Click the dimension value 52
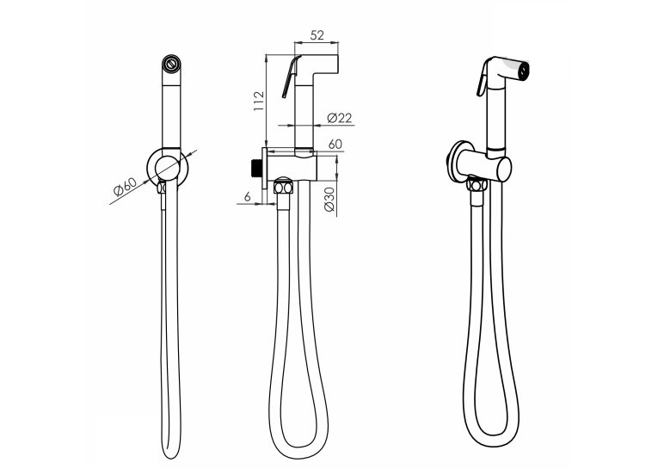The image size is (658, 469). pyautogui.click(x=317, y=35)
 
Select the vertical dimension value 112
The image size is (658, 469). pyautogui.click(x=259, y=102)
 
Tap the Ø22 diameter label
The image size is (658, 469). pyautogui.click(x=339, y=118)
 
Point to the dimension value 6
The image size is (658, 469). pyautogui.click(x=247, y=196)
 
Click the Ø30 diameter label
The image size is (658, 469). pyautogui.click(x=329, y=200)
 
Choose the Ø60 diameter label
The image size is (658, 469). pyautogui.click(x=125, y=187)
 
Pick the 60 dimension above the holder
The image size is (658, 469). pyautogui.click(x=335, y=144)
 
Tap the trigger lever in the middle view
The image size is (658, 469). pyautogui.click(x=292, y=77)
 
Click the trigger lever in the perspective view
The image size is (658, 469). pyautogui.click(x=482, y=79)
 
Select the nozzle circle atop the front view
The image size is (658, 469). pyautogui.click(x=171, y=64)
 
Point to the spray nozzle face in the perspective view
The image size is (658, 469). pyautogui.click(x=523, y=70)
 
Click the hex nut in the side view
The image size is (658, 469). pyautogui.click(x=283, y=187)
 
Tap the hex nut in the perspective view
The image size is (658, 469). pyautogui.click(x=477, y=185)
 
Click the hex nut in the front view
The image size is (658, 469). pyautogui.click(x=162, y=188)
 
